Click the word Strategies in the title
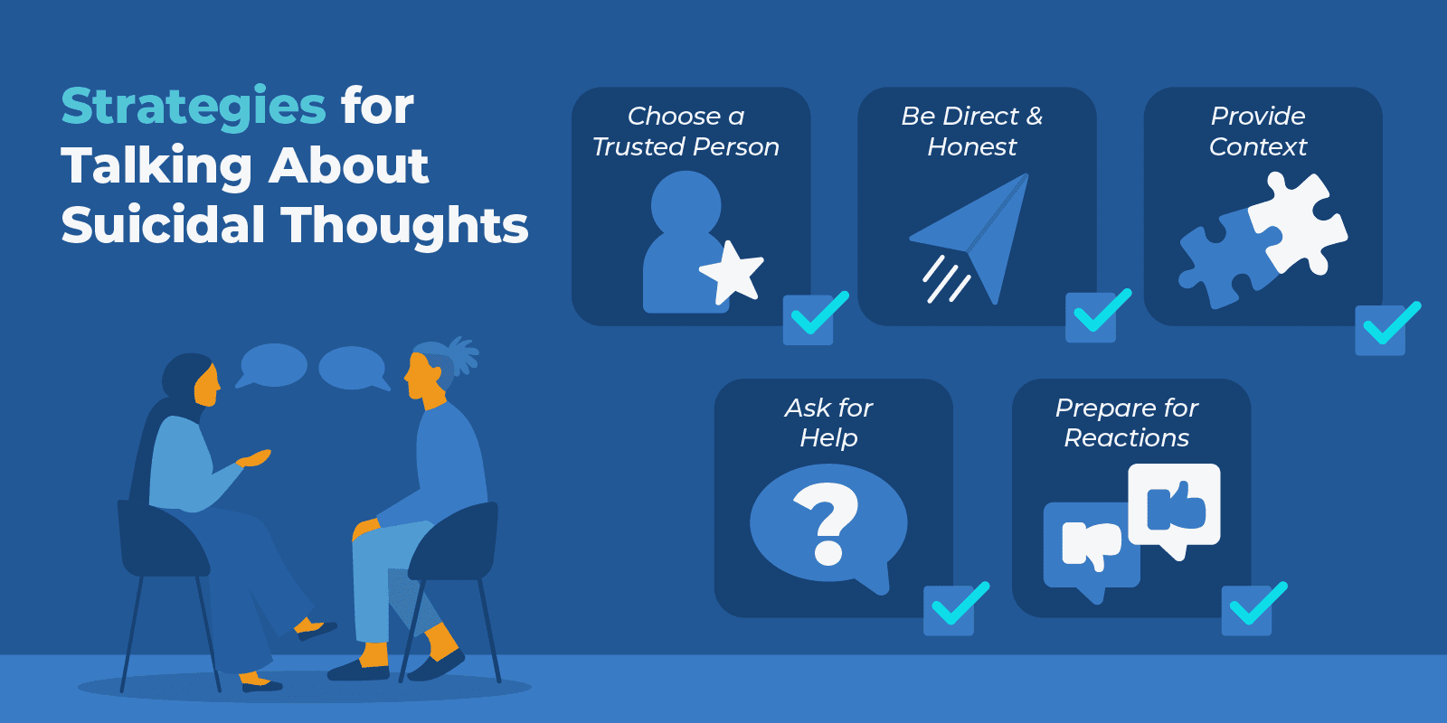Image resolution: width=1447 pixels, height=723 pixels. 193,107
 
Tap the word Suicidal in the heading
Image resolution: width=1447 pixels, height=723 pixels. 163,225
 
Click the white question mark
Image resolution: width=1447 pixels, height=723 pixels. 827,522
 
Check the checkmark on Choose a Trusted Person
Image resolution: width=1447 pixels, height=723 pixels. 814,317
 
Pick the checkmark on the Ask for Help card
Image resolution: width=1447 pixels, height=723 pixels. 953,608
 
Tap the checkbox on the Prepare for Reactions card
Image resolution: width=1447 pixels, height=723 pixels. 1252,607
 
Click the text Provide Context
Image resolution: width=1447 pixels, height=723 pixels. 1257,131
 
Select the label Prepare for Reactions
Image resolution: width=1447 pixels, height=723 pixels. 1126,423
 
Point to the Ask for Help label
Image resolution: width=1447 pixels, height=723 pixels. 828,423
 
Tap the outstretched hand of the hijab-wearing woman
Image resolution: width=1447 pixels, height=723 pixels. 257,458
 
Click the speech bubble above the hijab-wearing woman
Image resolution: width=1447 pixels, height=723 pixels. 272,365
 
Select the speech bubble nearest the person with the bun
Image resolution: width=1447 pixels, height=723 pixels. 354,368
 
